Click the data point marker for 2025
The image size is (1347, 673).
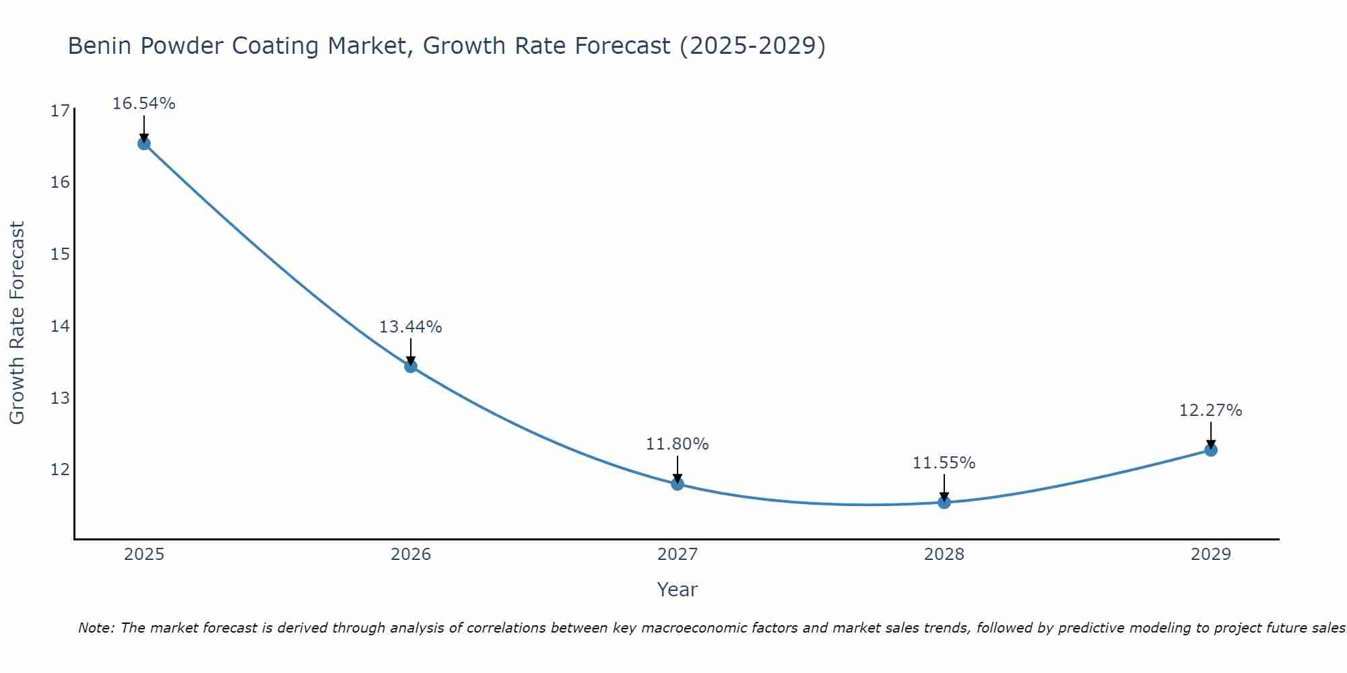(x=144, y=143)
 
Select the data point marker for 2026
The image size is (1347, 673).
(x=411, y=366)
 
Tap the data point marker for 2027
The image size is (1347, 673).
(x=678, y=484)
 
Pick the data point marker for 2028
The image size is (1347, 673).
(x=944, y=502)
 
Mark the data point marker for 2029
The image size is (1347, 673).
(x=1211, y=450)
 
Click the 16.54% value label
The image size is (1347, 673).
(x=144, y=104)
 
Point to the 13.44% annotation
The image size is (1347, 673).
(x=411, y=327)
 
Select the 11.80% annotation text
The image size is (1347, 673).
(x=678, y=444)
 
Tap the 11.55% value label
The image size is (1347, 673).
(x=944, y=463)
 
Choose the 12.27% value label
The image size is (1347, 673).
(x=1211, y=411)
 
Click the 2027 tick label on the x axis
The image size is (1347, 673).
(x=678, y=555)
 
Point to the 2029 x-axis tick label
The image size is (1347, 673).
(x=1211, y=555)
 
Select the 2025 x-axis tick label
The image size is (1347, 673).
(x=144, y=555)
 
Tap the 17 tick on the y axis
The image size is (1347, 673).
(x=60, y=111)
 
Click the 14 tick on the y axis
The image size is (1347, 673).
(x=60, y=326)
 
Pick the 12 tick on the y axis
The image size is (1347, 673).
(x=60, y=470)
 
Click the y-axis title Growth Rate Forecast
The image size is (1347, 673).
(x=18, y=323)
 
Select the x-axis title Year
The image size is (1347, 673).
(x=678, y=590)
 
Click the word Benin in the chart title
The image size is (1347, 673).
(x=99, y=46)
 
